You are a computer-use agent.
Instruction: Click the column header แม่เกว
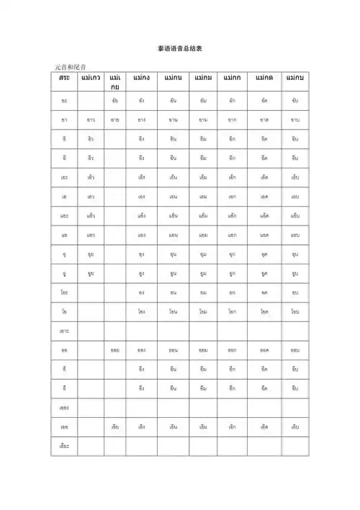(91, 77)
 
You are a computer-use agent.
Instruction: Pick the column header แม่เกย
(115, 81)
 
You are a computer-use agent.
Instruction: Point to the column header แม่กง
(142, 77)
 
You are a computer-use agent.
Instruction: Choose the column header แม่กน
(173, 77)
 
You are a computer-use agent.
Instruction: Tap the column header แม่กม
(203, 77)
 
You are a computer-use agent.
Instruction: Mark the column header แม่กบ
(294, 77)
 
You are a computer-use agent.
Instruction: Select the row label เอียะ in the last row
(65, 446)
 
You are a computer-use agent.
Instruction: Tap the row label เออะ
(65, 407)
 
